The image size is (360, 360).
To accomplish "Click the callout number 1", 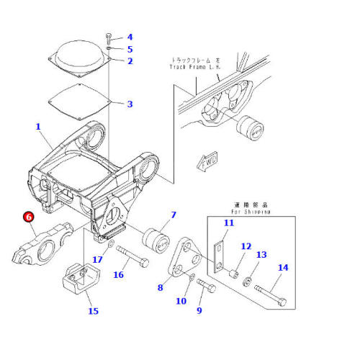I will click(x=38, y=127).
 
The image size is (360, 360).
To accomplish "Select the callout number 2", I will click(x=130, y=61).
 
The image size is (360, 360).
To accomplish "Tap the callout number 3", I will click(x=130, y=104).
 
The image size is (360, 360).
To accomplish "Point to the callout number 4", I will click(x=130, y=37).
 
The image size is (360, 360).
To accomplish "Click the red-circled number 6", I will click(x=28, y=216).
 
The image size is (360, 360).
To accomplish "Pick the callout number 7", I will click(x=173, y=215).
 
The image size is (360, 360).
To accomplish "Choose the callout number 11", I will click(x=229, y=224).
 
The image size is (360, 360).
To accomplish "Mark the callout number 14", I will click(x=282, y=268).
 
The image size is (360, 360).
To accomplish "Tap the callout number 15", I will click(x=93, y=311).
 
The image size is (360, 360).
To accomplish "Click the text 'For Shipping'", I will click(x=251, y=212).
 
